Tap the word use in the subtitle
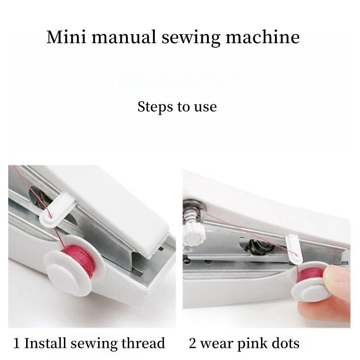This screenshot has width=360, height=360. (205, 107)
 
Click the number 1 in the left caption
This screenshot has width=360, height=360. (17, 344)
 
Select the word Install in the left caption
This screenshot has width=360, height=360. (45, 344)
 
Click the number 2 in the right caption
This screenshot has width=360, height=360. (193, 344)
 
